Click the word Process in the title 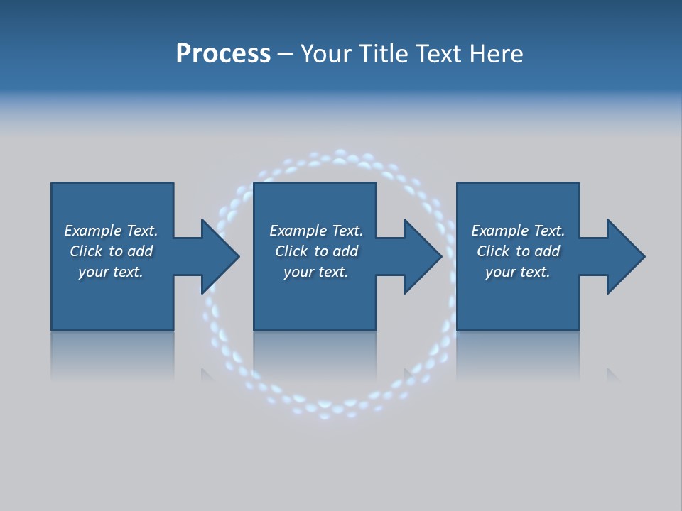click(223, 54)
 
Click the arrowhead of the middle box click(422, 256)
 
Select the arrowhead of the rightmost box click(624, 256)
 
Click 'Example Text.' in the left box click(111, 231)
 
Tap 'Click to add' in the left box click(111, 251)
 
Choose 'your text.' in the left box click(111, 272)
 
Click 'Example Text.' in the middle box click(316, 231)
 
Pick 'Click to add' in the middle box click(316, 251)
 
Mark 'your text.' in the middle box click(316, 272)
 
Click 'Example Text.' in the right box click(518, 231)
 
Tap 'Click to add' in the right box click(518, 251)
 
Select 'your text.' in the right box click(518, 272)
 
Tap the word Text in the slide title click(439, 54)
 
